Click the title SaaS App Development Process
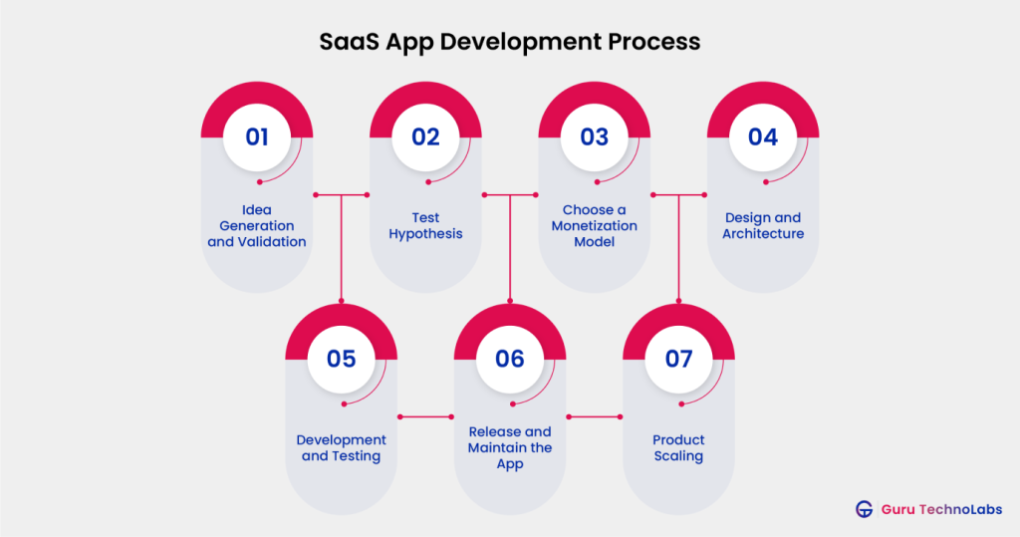click(509, 42)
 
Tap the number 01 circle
click(257, 136)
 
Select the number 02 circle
click(425, 136)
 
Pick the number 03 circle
click(594, 136)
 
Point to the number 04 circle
click(762, 136)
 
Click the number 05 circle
click(341, 359)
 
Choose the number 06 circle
click(509, 359)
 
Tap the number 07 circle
click(678, 359)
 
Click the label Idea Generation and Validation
click(257, 226)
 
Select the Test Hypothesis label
click(425, 226)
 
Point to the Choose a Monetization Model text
click(594, 226)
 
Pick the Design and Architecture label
click(763, 226)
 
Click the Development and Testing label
click(341, 448)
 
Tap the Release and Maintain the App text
click(509, 448)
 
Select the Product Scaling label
click(678, 448)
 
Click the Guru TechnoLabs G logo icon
click(864, 509)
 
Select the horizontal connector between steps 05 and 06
click(425, 416)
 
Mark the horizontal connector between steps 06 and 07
click(594, 416)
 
